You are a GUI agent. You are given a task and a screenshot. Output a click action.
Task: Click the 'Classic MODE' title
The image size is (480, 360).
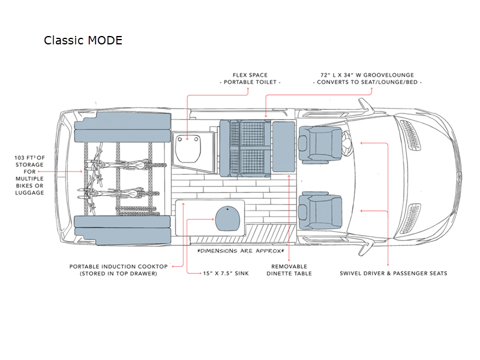tap(83, 40)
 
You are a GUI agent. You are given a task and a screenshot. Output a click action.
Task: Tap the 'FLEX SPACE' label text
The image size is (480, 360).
tap(250, 75)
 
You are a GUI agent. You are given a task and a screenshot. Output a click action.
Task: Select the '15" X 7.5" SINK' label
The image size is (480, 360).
tap(226, 274)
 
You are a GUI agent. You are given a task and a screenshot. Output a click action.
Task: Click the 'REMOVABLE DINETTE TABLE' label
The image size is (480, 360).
tap(289, 270)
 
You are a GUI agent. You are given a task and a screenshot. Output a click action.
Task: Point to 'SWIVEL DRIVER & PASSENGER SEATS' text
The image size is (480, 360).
tap(394, 274)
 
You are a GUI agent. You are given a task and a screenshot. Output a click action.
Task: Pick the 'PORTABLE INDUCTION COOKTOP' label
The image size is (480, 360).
tap(118, 266)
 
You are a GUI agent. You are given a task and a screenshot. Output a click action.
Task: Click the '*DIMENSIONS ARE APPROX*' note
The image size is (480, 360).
tap(241, 251)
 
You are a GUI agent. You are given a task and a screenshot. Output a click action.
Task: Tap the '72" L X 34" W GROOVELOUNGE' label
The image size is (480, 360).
tap(367, 75)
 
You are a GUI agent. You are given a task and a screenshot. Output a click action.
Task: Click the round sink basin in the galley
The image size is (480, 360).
tap(228, 218)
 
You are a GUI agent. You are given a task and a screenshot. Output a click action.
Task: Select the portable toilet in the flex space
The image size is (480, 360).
tap(188, 148)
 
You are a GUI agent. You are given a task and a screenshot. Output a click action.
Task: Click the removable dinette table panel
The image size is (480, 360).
tap(283, 146)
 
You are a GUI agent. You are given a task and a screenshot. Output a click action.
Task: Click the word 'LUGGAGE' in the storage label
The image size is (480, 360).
tap(29, 193)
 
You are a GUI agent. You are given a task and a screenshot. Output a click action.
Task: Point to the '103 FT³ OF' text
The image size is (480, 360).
tap(29, 158)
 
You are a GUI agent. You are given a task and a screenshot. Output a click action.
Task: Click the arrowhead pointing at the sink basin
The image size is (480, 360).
tap(213, 219)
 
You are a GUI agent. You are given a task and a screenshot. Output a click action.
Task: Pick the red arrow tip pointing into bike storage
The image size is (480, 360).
tap(81, 172)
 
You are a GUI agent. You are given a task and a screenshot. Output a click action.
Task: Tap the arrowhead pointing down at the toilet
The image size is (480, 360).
tap(187, 139)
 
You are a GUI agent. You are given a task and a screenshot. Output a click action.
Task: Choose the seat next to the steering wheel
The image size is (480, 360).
tap(320, 143)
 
